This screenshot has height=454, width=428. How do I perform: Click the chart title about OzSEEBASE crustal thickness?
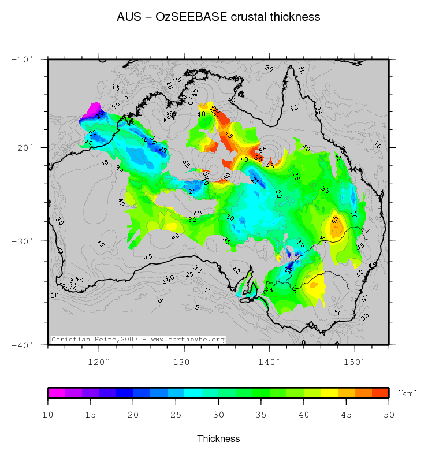pyautogui.click(x=218, y=17)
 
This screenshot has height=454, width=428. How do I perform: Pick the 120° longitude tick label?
pyautogui.click(x=99, y=362)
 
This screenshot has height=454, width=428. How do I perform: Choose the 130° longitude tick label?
pyautogui.click(x=184, y=362)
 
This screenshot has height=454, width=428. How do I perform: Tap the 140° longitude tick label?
pyautogui.click(x=270, y=362)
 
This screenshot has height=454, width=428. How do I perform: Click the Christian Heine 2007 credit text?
pyautogui.click(x=138, y=340)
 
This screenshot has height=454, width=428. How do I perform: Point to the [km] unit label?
pyautogui.click(x=407, y=393)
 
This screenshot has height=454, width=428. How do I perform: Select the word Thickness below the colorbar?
pyautogui.click(x=218, y=438)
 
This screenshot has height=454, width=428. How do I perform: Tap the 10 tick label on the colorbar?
pyautogui.click(x=48, y=414)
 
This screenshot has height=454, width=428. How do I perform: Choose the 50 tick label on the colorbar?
pyautogui.click(x=389, y=414)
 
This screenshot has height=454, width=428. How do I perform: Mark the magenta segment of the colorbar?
pyautogui.click(x=56, y=393)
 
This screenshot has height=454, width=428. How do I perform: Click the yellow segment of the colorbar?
pyautogui.click(x=329, y=393)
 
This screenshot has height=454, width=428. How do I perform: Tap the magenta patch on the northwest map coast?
pyautogui.click(x=91, y=111)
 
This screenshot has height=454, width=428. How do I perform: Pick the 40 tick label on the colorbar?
pyautogui.click(x=303, y=414)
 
